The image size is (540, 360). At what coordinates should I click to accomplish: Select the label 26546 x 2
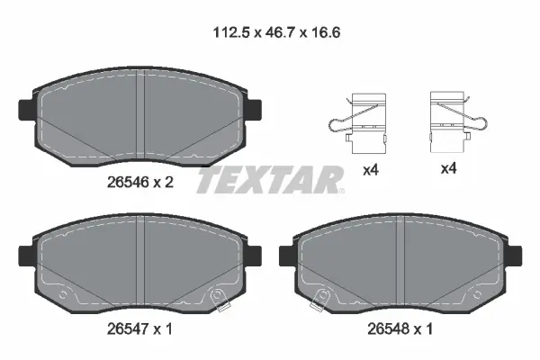point(139,180)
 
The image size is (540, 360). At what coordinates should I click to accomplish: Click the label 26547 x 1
point(139,329)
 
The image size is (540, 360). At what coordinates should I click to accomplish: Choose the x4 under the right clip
point(447,169)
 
